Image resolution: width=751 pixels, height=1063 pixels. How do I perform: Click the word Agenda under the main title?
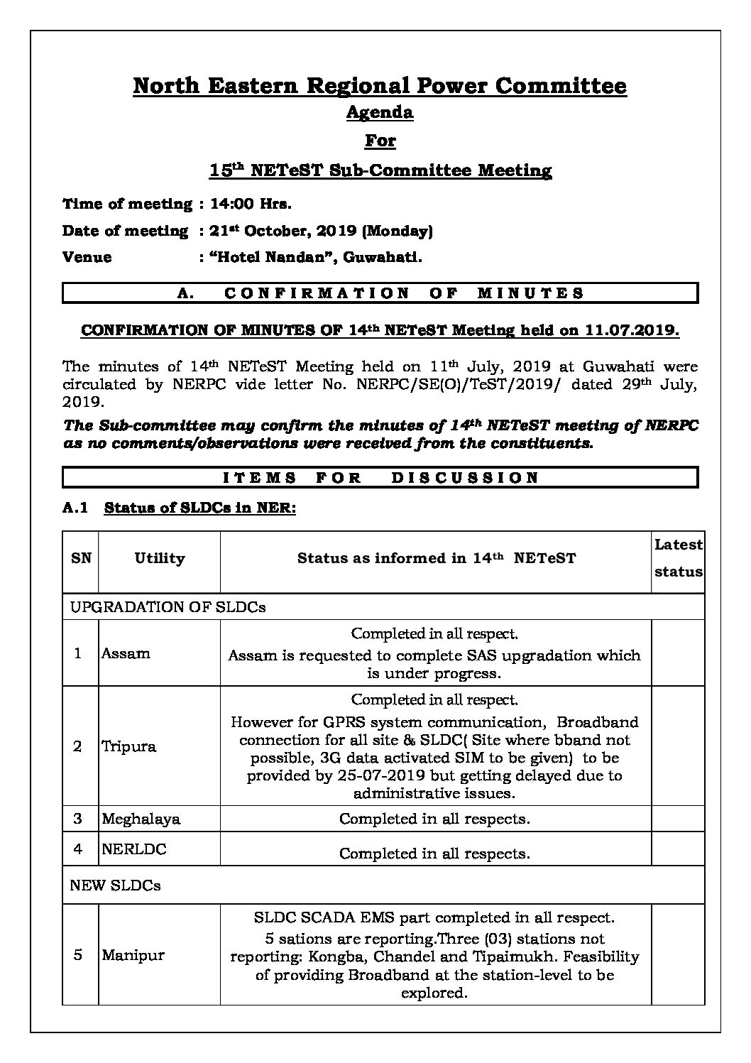coord(379,112)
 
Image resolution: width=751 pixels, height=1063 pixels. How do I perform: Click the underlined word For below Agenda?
coord(380,141)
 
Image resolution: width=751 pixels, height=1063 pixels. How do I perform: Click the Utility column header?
coord(159,559)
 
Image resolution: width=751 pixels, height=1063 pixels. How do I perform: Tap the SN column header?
coord(81,559)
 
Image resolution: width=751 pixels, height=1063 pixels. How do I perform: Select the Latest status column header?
coord(678,558)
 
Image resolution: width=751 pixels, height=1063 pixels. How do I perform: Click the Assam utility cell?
coord(126,653)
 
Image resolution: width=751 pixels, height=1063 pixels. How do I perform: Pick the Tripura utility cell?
coord(128,746)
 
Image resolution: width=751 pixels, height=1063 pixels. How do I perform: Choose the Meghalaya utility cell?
coord(141,819)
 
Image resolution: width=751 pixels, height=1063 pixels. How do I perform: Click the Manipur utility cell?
coord(133,955)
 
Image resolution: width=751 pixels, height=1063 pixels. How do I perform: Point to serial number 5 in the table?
coord(78,955)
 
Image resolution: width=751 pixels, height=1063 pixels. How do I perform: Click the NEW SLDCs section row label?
coord(115,885)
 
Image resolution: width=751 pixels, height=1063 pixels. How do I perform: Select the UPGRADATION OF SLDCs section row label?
coord(168,607)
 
